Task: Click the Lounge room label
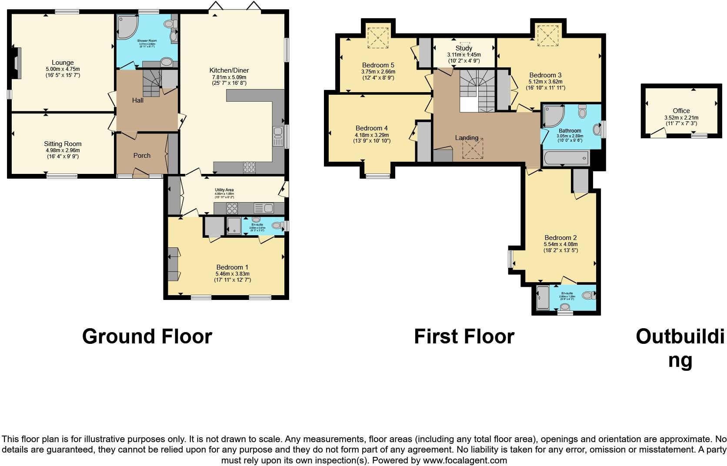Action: coord(63,63)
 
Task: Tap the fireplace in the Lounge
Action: coord(17,63)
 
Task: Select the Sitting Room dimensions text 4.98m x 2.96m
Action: coord(63,150)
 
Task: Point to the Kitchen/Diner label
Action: coord(229,70)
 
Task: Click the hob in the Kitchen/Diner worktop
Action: coord(249,167)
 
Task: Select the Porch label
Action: coord(142,155)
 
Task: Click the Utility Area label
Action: coord(224,190)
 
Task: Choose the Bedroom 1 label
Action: coord(232,267)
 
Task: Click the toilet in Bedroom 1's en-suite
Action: coord(276,225)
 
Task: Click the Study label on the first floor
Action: coord(464,48)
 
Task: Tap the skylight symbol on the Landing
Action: coord(472,149)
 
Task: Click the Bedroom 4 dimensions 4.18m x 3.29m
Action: coord(371,135)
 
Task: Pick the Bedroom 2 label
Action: coord(560,238)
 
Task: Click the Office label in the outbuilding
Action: coord(681,111)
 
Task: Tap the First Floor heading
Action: coord(464,336)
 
